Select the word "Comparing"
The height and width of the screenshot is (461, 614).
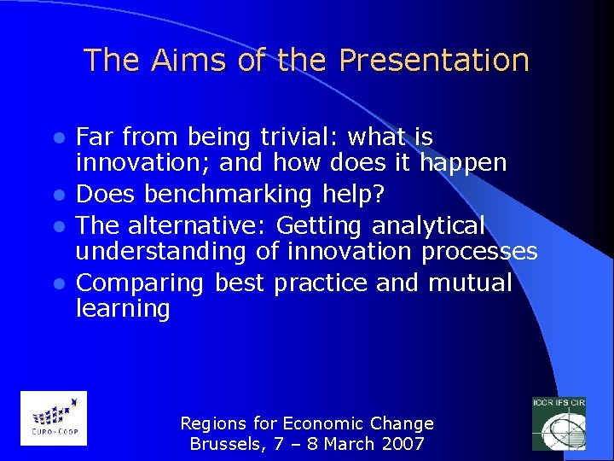[x=141, y=283]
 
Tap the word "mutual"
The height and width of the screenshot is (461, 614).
[x=470, y=283]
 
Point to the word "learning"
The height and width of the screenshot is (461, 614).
[x=123, y=308]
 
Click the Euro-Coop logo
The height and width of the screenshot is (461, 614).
[x=53, y=417]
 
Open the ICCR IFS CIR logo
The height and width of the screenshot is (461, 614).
[x=559, y=423]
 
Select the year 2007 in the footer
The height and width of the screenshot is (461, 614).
[x=403, y=444]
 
